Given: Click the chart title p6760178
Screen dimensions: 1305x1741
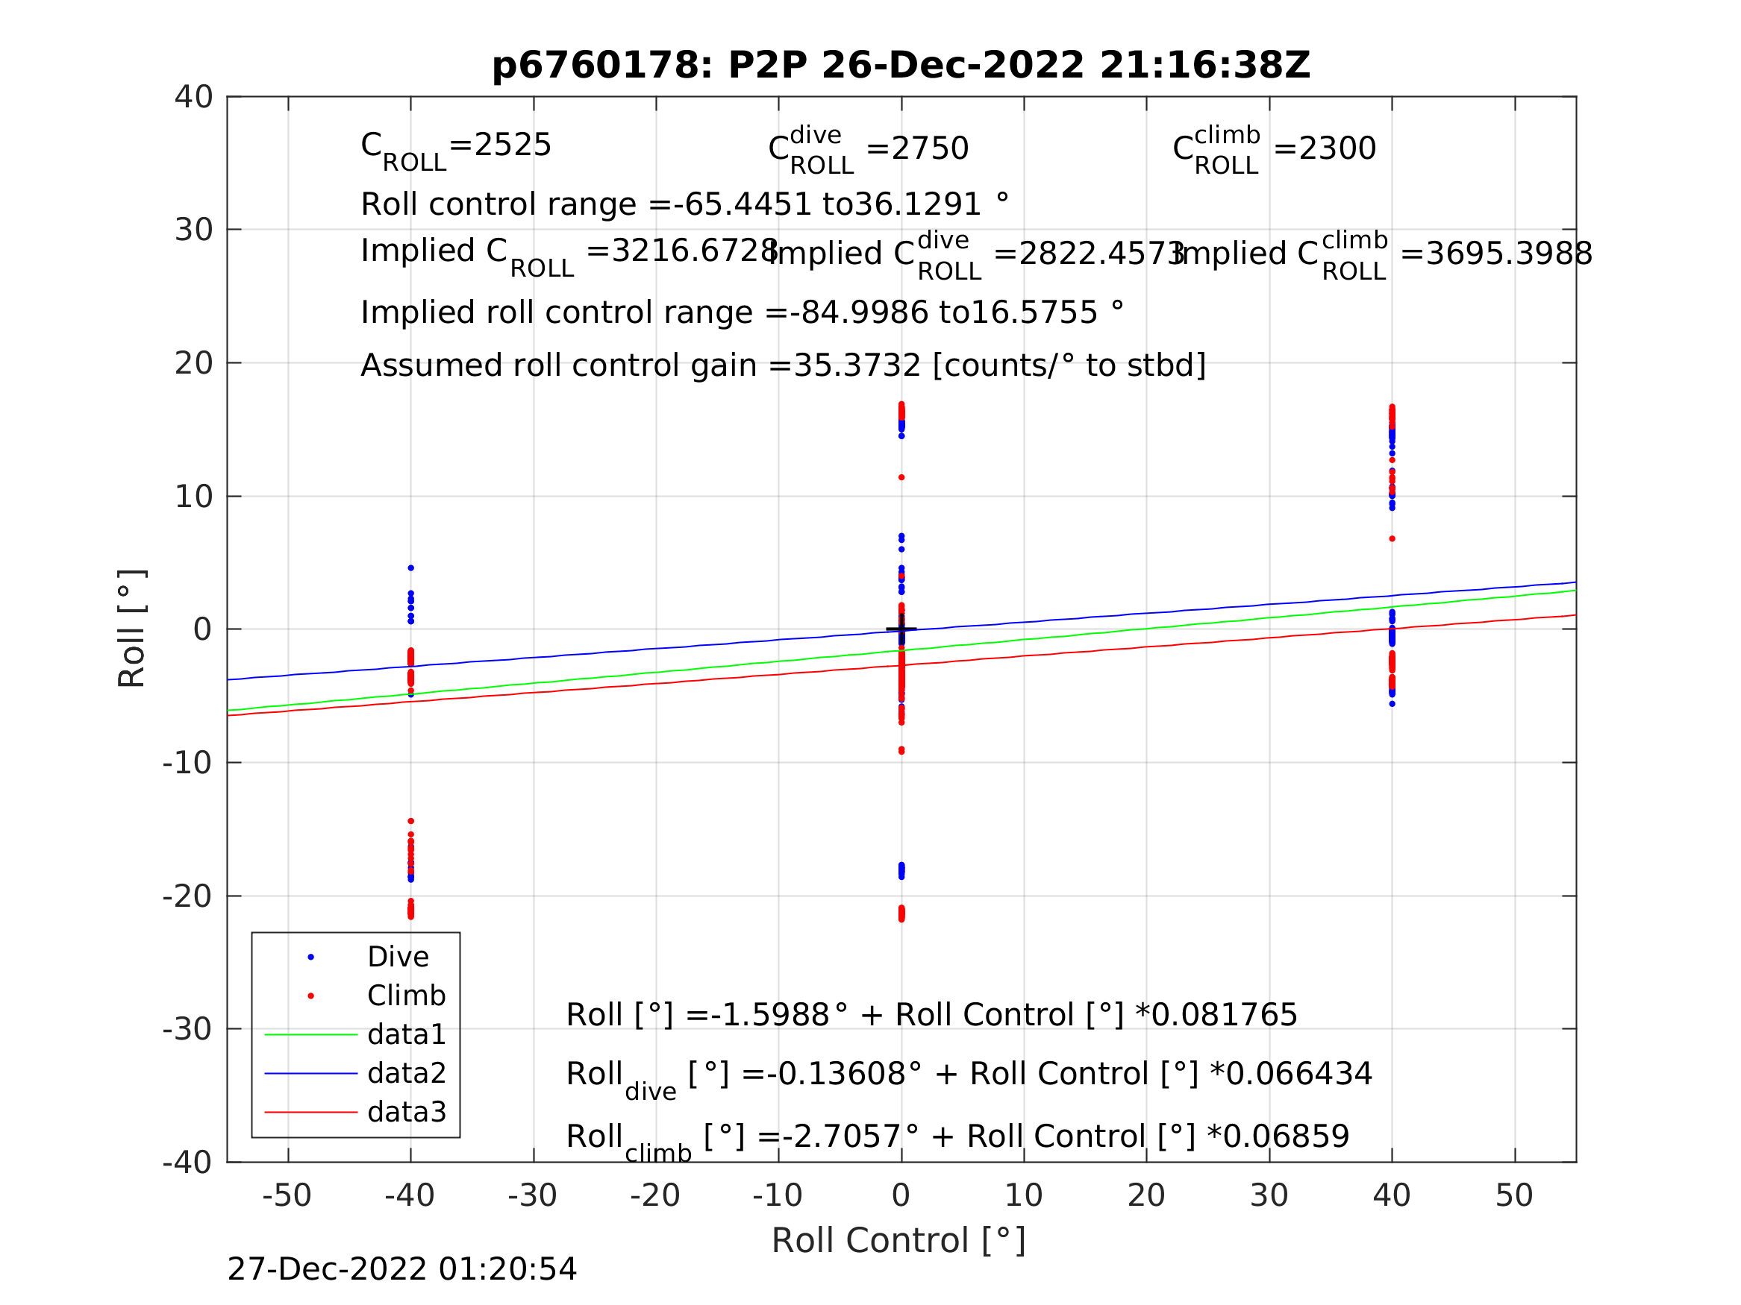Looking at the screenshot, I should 901,66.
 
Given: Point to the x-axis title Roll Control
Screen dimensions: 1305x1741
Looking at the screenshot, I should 898,1241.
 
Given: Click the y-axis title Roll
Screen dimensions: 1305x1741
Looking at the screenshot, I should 131,628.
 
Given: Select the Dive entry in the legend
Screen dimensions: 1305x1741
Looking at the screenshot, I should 398,957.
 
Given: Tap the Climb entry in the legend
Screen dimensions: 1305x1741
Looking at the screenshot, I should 405,996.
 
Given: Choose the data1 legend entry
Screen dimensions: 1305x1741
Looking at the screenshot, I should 406,1034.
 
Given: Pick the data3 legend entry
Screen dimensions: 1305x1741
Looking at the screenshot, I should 406,1112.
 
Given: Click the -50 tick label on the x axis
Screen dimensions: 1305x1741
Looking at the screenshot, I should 287,1195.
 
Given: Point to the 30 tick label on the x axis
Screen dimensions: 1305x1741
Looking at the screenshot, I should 1269,1195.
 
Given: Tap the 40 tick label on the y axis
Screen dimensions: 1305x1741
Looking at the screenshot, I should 193,98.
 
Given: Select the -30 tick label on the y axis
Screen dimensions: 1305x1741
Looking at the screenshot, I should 187,1029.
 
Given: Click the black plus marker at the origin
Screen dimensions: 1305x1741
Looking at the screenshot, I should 901,629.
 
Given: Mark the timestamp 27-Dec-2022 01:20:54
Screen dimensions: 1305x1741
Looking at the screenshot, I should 401,1268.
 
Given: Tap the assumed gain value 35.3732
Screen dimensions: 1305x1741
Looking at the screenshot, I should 857,366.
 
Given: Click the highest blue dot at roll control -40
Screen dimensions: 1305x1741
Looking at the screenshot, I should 411,568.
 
